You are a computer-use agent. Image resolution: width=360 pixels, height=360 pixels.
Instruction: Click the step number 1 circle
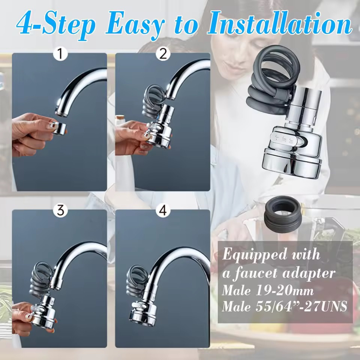coord(60,54)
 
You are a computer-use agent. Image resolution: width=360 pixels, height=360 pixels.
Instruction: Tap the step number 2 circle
coord(163,54)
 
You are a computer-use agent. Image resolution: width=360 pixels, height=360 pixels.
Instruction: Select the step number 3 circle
coord(60,210)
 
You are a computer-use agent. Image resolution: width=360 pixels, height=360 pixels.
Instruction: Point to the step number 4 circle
coord(163,210)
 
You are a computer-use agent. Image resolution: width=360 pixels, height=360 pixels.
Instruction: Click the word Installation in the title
coord(280,23)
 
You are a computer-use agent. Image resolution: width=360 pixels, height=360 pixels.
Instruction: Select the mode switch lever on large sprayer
coord(286,140)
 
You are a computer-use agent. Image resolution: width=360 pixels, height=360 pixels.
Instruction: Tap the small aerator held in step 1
coord(59,128)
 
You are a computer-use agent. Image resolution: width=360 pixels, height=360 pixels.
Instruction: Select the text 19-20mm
coord(285,291)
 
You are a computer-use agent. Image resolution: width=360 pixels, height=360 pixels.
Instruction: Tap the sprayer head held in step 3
coord(43,312)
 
